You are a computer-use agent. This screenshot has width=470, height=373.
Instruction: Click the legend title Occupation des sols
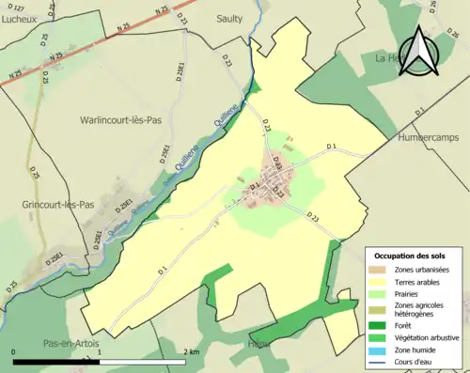pos(411,256)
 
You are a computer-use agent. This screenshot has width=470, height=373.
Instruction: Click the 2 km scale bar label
pos(192,352)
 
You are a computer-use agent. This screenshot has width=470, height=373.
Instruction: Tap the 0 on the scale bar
pos(14,352)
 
